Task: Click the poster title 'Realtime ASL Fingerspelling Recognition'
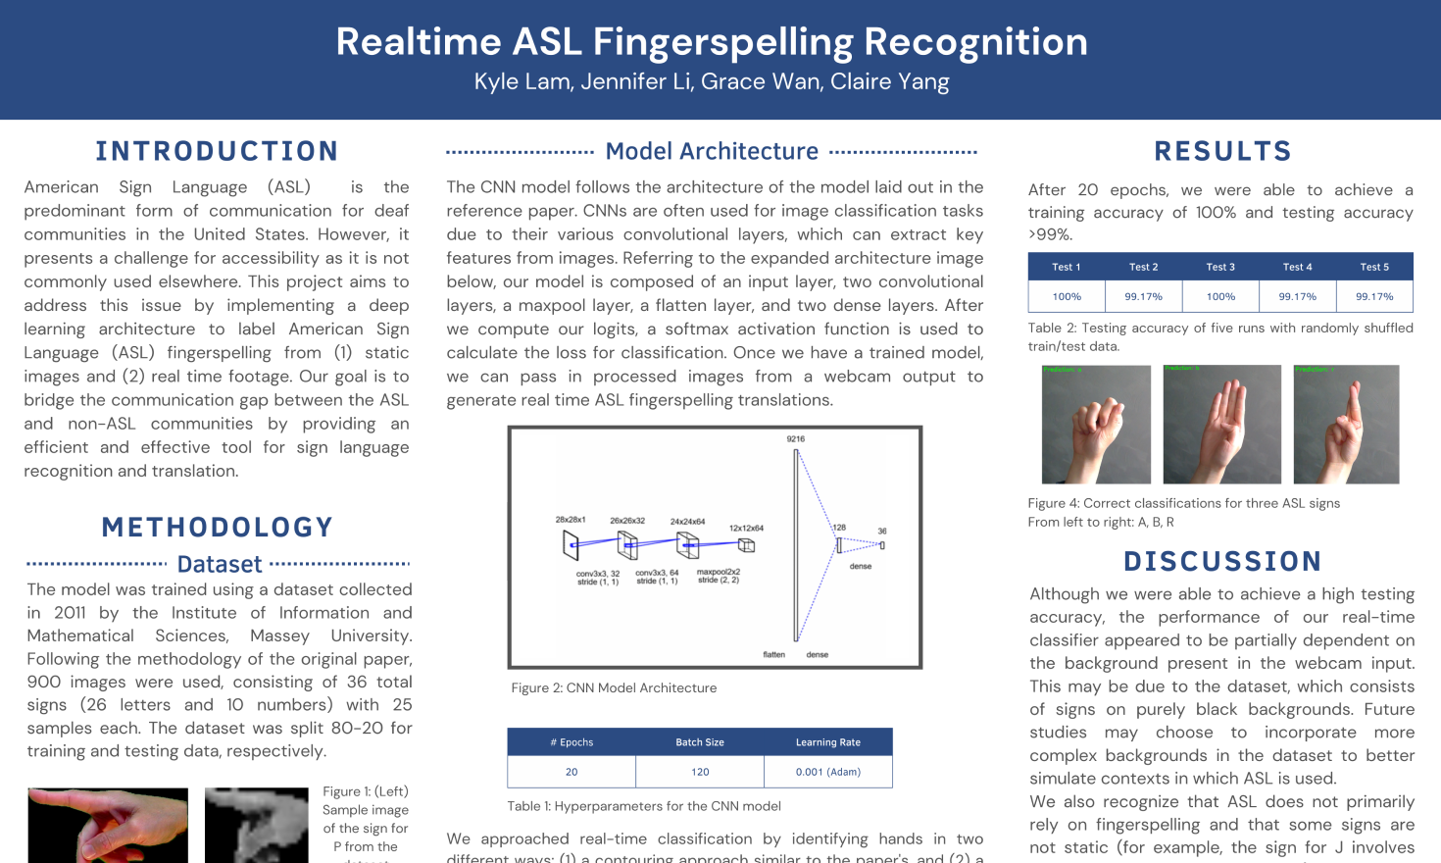[712, 42]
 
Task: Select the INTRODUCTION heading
[217, 151]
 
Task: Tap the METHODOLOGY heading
[218, 528]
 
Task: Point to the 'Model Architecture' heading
[712, 151]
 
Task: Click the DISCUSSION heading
[1222, 561]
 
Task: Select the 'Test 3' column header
[1220, 267]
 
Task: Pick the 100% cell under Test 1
[1067, 296]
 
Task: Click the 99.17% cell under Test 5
[1374, 296]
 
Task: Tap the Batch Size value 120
[700, 772]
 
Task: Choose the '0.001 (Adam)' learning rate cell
[828, 772]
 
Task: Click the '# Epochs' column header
[571, 742]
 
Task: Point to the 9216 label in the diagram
[795, 439]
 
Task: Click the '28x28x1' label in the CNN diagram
[571, 520]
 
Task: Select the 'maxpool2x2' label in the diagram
[719, 573]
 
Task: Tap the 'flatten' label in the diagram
[774, 654]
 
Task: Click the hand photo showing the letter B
[1221, 425]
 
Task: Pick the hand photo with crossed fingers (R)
[1346, 425]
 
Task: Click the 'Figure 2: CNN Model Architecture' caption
[614, 688]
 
